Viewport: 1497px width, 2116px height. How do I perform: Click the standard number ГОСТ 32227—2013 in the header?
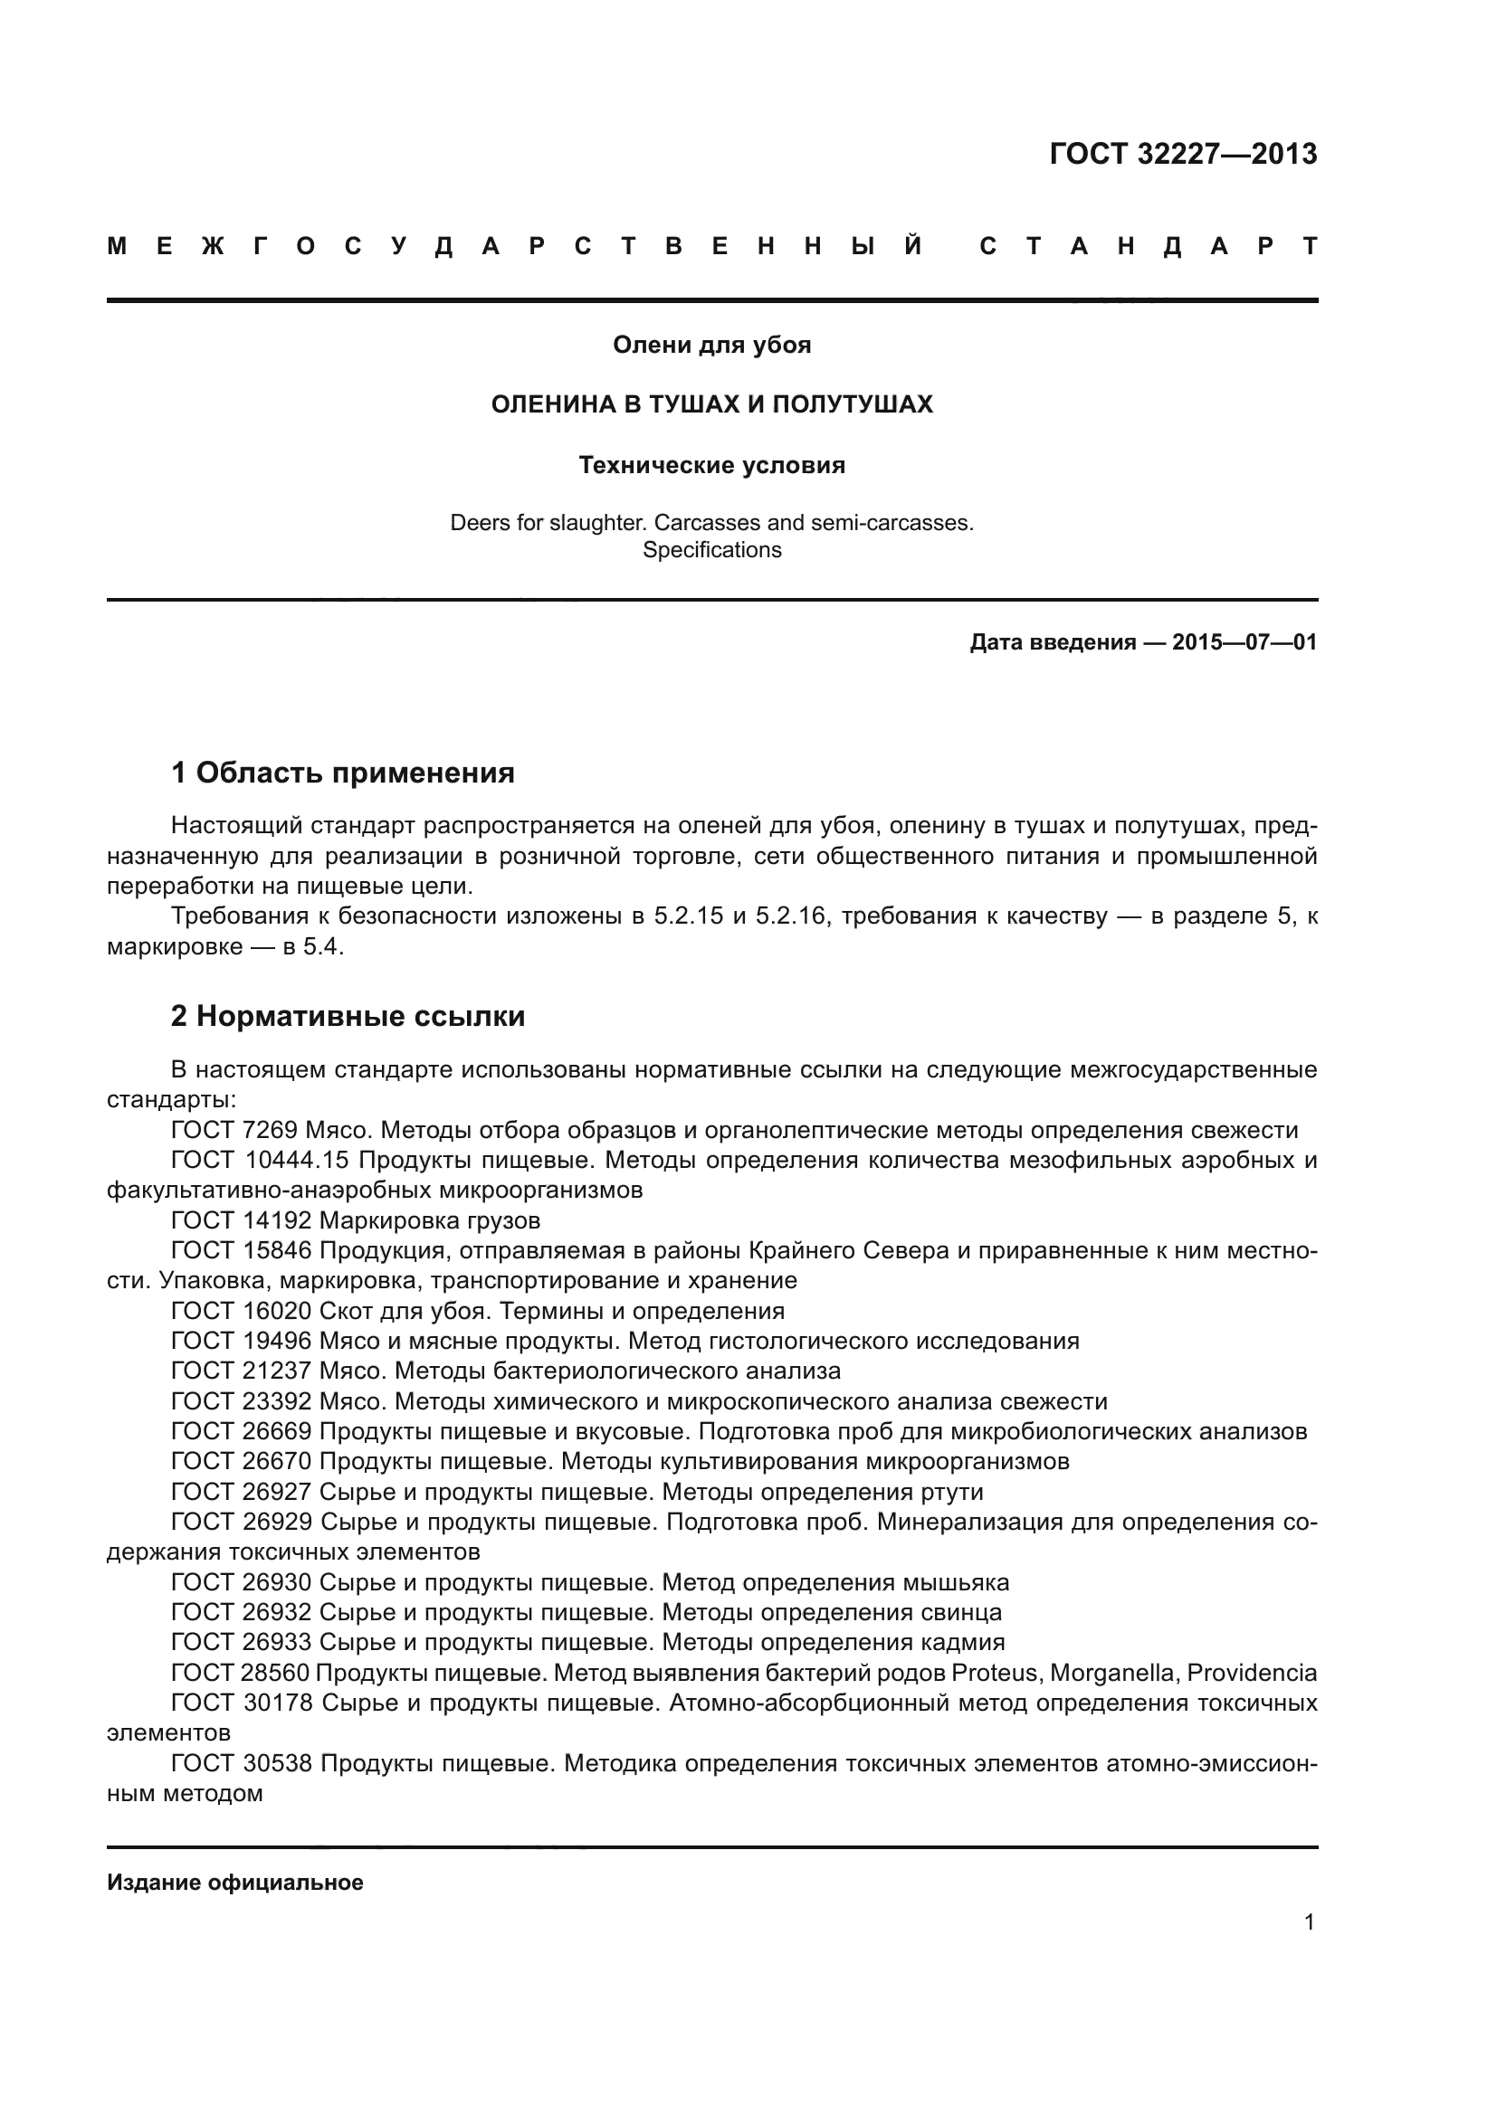tap(1183, 154)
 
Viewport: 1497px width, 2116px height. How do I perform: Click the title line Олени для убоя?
tap(711, 346)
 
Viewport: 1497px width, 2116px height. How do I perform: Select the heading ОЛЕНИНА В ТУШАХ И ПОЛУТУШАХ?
tap(711, 404)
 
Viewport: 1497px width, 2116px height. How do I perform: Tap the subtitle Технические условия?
tap(711, 465)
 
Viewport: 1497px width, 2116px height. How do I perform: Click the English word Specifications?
tap(711, 550)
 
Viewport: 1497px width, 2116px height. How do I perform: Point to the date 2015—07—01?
tap(1244, 642)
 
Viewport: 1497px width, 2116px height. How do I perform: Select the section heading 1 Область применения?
tap(343, 773)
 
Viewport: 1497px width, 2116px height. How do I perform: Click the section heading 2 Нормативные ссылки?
tap(348, 1016)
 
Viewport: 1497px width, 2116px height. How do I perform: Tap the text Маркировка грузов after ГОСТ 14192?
tap(430, 1221)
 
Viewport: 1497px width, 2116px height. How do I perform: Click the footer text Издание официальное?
tap(235, 1882)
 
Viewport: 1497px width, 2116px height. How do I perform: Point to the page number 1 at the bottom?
tap(1309, 1921)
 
